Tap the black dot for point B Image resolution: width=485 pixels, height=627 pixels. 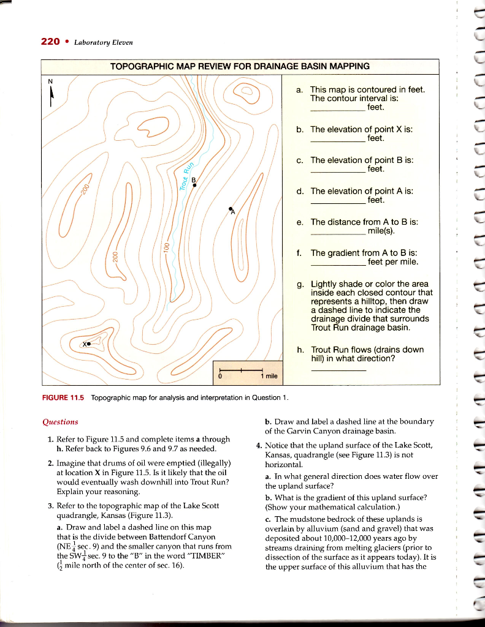(x=194, y=186)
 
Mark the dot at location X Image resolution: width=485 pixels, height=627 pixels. (x=90, y=344)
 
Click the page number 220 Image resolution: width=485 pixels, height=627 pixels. (x=50, y=42)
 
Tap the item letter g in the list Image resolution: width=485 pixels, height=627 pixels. (x=299, y=284)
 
